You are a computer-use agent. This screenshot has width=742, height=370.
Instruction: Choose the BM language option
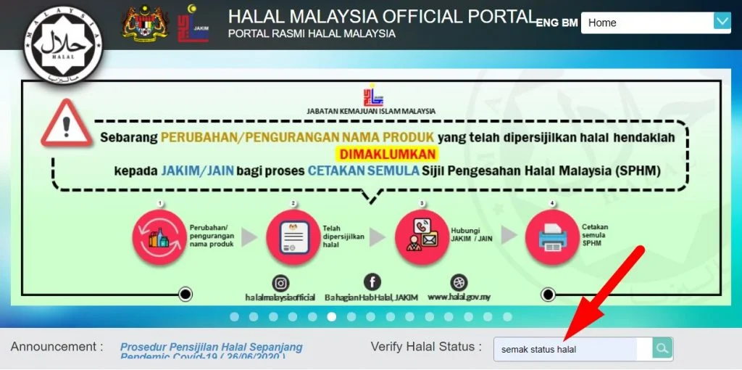pos(570,22)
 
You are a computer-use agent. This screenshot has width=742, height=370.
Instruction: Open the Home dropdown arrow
pos(722,22)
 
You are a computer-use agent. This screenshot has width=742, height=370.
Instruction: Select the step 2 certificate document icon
pos(293,237)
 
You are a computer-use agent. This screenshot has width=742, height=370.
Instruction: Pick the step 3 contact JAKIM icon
pos(421,237)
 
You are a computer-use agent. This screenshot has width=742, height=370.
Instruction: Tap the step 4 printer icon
pos(551,237)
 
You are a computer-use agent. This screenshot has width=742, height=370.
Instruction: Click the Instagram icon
pos(281,283)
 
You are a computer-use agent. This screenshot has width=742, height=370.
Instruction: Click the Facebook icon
pos(372,282)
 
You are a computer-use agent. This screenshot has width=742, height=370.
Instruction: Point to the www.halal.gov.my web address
pos(459,297)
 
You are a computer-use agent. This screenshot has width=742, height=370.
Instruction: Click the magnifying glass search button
pos(662,349)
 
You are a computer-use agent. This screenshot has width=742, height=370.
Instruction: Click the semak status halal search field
pos(572,349)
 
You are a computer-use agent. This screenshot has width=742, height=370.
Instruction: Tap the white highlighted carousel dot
pos(331,316)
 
